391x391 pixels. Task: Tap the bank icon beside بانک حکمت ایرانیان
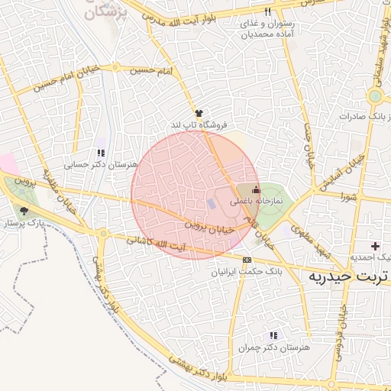[246, 260]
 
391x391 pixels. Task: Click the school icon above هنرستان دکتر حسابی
[101, 153]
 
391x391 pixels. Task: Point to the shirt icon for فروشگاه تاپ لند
[199, 111]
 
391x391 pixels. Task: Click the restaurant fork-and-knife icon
[267, 12]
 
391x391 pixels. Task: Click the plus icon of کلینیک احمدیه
[374, 246]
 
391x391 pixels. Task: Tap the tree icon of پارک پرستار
[24, 212]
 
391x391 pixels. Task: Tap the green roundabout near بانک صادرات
[374, 97]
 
